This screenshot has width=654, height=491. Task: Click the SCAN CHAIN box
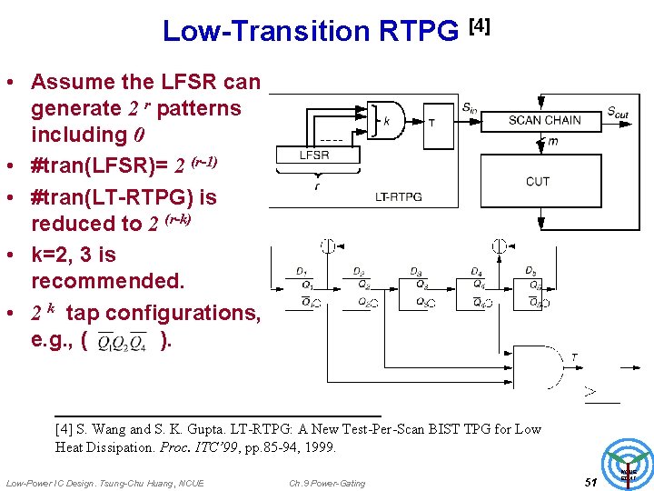tap(544, 120)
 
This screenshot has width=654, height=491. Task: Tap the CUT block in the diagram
tap(538, 181)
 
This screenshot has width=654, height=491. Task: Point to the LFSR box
tap(314, 155)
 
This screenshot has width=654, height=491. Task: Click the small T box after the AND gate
tap(431, 122)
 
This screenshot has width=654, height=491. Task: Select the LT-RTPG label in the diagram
tap(399, 196)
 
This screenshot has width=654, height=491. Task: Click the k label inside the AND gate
tap(387, 120)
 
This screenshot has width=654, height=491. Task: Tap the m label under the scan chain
tap(552, 141)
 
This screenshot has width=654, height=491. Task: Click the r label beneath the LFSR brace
tap(316, 185)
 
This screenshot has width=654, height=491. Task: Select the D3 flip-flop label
tap(415, 271)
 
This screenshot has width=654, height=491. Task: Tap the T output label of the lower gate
tap(574, 356)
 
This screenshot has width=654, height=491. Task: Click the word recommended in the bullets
tap(107, 281)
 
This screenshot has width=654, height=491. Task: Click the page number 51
tap(590, 481)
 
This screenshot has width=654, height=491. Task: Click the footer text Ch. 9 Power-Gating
tap(327, 483)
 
